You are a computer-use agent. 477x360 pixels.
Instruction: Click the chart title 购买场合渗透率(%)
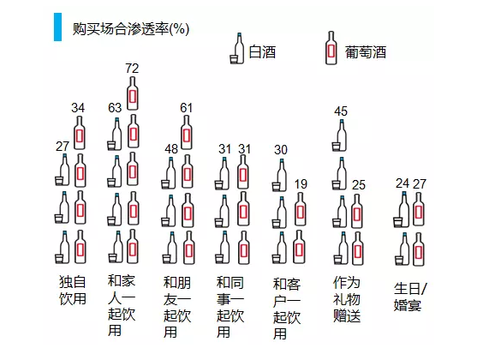click(x=131, y=29)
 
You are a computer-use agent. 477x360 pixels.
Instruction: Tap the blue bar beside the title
click(x=57, y=27)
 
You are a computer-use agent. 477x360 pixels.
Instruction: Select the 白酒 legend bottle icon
click(x=237, y=48)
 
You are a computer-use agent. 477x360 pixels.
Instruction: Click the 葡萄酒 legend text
click(x=366, y=52)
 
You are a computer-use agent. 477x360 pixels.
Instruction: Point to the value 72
click(x=132, y=69)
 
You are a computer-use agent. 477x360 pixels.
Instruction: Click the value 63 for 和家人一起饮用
click(x=115, y=108)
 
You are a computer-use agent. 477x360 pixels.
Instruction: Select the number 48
click(x=171, y=149)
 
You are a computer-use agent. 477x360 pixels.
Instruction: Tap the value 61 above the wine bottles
click(x=186, y=108)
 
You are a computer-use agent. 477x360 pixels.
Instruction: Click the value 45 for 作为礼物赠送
click(x=341, y=111)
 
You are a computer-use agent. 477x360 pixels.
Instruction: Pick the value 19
click(x=301, y=184)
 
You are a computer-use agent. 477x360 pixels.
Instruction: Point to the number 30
click(x=281, y=149)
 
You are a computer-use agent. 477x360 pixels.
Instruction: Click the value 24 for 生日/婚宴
click(x=402, y=183)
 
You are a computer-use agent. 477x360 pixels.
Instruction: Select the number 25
click(x=359, y=185)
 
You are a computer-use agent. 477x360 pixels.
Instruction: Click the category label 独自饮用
click(x=73, y=291)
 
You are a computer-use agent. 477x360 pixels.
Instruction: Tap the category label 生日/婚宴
click(x=410, y=297)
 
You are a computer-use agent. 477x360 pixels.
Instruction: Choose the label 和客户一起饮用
click(x=287, y=309)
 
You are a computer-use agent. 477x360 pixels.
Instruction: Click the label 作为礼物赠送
click(x=347, y=299)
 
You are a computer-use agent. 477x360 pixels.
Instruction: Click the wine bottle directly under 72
click(x=133, y=93)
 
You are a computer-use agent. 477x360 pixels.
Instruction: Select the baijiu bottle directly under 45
click(x=339, y=135)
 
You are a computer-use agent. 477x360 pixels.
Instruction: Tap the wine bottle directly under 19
click(x=301, y=209)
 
